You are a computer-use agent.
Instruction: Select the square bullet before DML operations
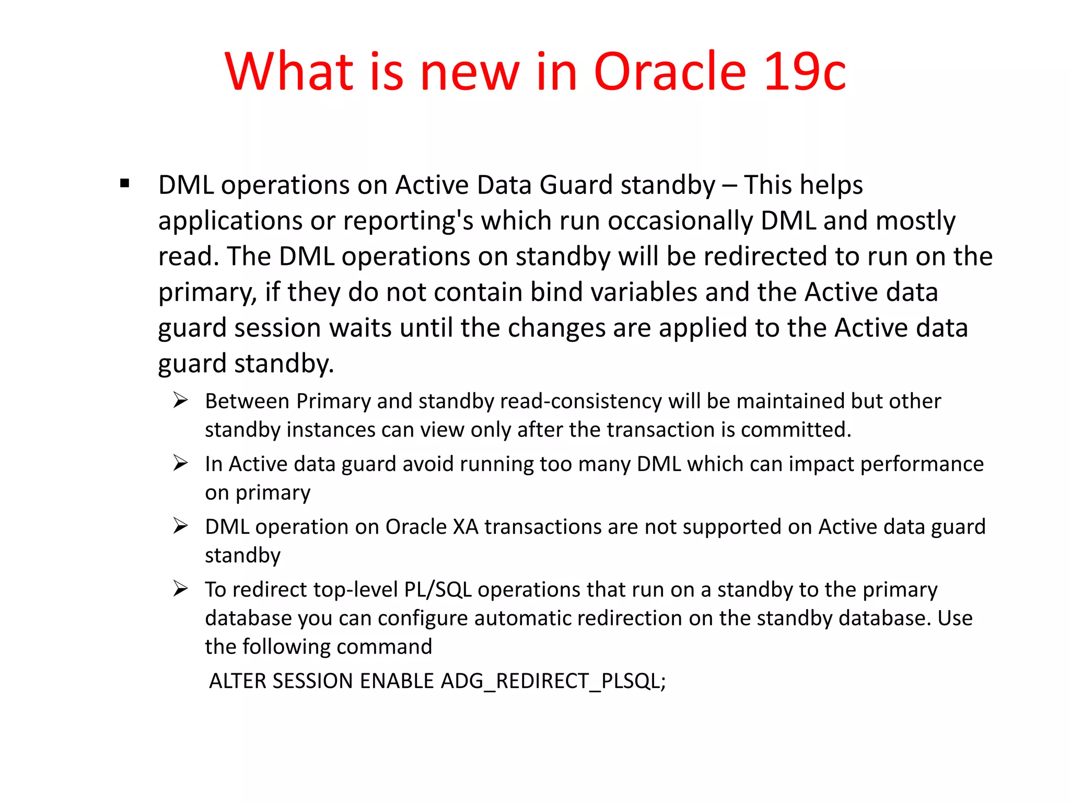[124, 183]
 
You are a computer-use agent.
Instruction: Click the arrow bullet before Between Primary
[180, 401]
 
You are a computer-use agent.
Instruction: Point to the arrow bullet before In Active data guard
[180, 463]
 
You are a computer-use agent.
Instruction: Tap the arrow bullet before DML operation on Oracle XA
[180, 526]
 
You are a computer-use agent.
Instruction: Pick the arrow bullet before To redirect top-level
[180, 589]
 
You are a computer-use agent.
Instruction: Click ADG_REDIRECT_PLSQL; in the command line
[553, 681]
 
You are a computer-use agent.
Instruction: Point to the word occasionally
[680, 221]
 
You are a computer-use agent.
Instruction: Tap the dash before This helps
[729, 186]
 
